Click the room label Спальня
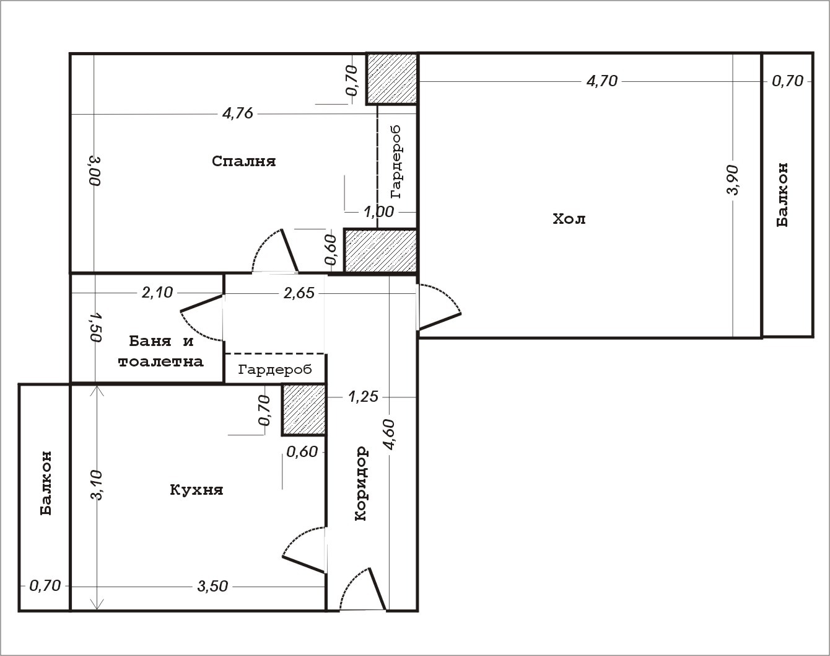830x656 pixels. click(x=244, y=161)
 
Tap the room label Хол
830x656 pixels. click(x=569, y=219)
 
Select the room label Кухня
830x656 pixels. click(x=196, y=490)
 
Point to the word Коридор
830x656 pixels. click(x=361, y=484)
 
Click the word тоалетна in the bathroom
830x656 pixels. click(x=160, y=361)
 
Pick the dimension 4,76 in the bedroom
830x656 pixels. click(x=238, y=114)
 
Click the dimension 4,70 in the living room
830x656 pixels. click(x=601, y=81)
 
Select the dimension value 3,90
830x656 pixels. click(x=732, y=180)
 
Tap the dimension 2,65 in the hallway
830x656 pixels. click(x=299, y=293)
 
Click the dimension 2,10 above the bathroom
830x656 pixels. click(x=157, y=293)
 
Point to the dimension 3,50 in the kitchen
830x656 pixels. click(x=212, y=587)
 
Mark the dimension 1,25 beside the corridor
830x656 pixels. click(x=364, y=397)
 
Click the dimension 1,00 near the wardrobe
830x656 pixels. click(x=379, y=211)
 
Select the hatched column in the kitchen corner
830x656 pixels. click(x=304, y=410)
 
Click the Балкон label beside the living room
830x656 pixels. click(x=782, y=195)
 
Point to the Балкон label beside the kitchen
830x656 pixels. click(x=46, y=483)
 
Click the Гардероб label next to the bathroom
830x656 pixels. click(x=275, y=370)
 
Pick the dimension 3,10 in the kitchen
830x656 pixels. click(x=96, y=485)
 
